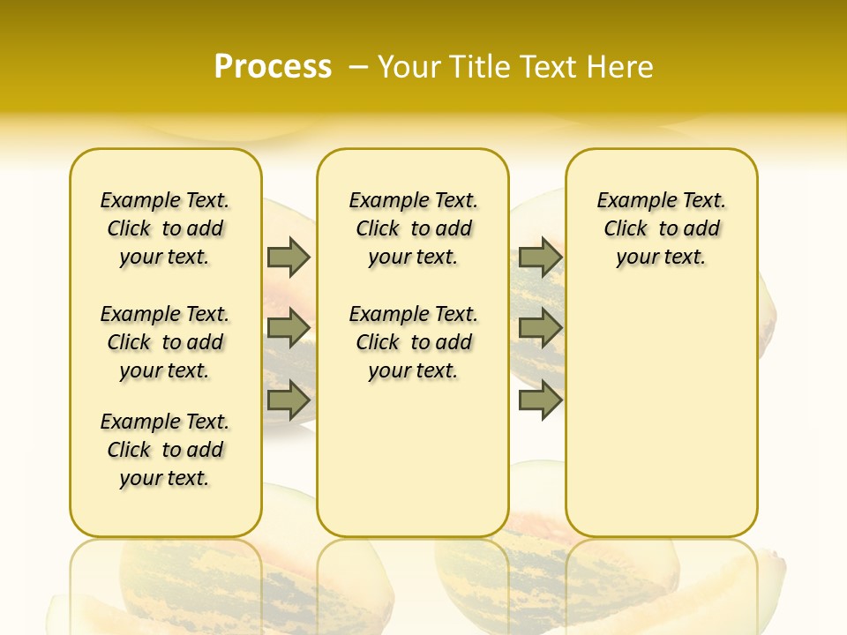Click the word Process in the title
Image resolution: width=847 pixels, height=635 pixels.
273,67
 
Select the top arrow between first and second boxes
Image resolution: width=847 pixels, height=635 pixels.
289,257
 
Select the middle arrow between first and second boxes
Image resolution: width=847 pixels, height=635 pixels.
289,328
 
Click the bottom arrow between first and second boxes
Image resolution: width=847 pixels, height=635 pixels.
289,400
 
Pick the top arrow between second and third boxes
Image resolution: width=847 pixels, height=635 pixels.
540,257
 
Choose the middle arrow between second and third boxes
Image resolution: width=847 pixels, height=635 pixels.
540,328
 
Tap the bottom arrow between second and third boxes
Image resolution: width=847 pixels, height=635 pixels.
540,400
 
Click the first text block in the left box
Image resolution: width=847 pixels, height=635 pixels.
165,228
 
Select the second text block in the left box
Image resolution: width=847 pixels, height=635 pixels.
165,342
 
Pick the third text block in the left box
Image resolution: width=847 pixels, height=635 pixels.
165,450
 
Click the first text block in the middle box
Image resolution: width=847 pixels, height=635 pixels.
413,228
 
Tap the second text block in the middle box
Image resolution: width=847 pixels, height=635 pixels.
413,342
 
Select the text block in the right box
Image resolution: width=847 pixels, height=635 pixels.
661,228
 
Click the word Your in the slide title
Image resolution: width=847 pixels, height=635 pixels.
409,67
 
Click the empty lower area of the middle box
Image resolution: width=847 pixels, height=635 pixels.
413,459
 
